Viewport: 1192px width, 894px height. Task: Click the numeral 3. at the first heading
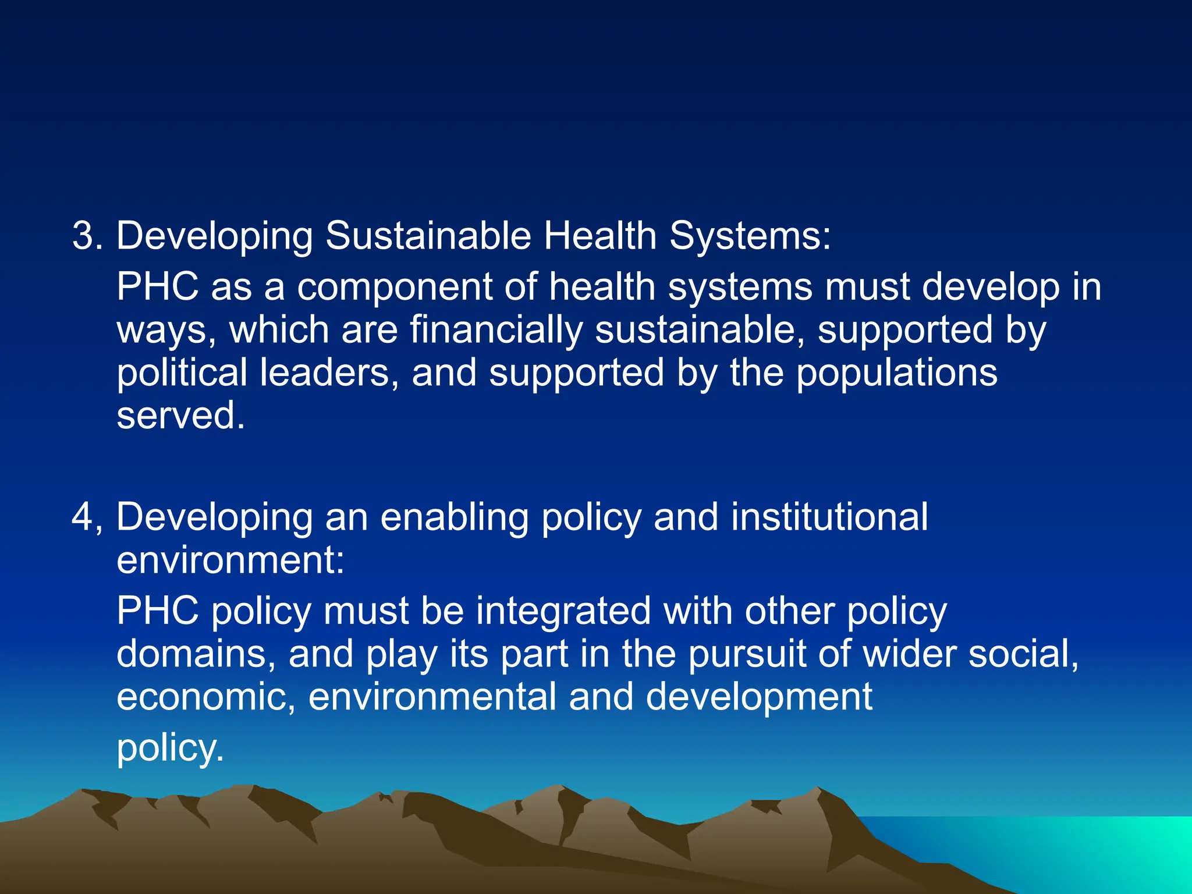pyautogui.click(x=87, y=236)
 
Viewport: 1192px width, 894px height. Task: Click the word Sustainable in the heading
pyautogui.click(x=428, y=236)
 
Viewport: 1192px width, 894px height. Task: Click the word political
pyautogui.click(x=182, y=374)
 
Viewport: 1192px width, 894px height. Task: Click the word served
pyautogui.click(x=180, y=416)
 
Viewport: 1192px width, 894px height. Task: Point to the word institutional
pyautogui.click(x=829, y=517)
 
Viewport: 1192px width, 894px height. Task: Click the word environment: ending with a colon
pyautogui.click(x=230, y=560)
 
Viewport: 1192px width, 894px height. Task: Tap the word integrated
pyautogui.click(x=563, y=611)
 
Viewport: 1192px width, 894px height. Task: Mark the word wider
pyautogui.click(x=909, y=654)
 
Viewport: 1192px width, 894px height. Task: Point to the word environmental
pyautogui.click(x=432, y=697)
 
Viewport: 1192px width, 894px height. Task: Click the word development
pyautogui.click(x=759, y=697)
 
